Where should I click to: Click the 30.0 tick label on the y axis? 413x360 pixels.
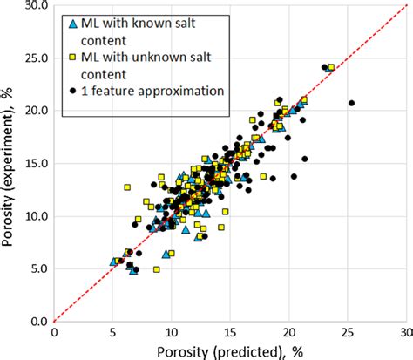[32, 6]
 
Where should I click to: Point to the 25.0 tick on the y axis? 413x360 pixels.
[32, 58]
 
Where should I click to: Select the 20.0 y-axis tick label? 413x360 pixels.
[32, 111]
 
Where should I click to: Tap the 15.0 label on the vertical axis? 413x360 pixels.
[32, 163]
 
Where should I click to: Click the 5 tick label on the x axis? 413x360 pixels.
[112, 332]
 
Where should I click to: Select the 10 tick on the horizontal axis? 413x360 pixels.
[171, 332]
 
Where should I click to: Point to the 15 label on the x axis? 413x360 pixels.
[230, 332]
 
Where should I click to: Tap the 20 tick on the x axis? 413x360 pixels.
[288, 332]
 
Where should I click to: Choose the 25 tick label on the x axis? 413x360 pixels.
[348, 332]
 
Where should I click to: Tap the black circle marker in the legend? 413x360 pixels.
[72, 91]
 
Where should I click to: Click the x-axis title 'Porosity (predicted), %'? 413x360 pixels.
[228, 350]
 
